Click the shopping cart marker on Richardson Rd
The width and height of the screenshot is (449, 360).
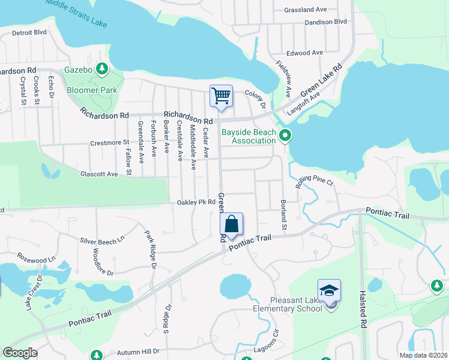coord(221,96)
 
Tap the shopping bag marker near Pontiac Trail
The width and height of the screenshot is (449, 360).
coord(232,225)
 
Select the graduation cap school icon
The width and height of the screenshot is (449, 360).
coord(329,290)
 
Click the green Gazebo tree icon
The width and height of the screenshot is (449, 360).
coord(102,70)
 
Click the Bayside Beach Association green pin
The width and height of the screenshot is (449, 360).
coord(286,136)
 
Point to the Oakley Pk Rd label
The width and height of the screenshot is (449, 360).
coord(196,202)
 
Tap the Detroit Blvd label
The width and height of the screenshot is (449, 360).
coord(29,32)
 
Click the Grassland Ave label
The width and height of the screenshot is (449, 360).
coord(306,10)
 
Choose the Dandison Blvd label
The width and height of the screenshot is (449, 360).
coord(326,22)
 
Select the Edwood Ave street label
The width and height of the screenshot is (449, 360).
coord(305,53)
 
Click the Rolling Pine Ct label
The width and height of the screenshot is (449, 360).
coord(313,181)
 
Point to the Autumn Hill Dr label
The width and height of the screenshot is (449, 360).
coord(138,351)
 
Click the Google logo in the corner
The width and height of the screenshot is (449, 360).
coord(20,353)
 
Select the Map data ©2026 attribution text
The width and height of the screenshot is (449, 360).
coord(423,355)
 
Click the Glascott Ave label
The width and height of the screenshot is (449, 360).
coord(99,174)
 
